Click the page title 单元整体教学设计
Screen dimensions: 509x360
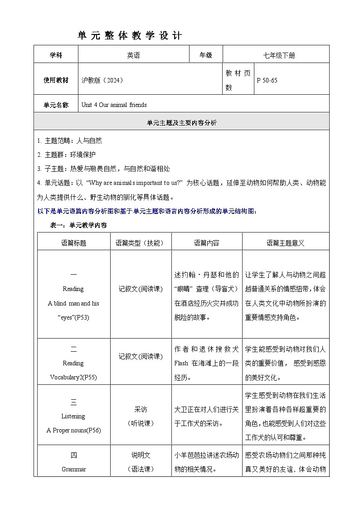(x=130, y=36)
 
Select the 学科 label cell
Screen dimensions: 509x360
(x=56, y=55)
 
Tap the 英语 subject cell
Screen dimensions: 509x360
(x=133, y=55)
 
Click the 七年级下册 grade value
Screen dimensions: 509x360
(x=279, y=55)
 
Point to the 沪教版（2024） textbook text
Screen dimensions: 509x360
(x=102, y=80)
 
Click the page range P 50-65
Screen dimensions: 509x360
(x=267, y=80)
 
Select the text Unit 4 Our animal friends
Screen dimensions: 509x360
(x=114, y=105)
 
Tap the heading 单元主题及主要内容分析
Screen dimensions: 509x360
(x=182, y=122)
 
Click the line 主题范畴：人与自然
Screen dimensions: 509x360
(x=70, y=141)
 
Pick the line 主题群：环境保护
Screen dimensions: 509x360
(x=67, y=155)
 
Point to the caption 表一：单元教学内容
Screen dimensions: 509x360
(x=78, y=225)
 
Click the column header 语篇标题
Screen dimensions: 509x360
(x=73, y=243)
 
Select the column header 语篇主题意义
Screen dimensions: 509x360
(x=285, y=243)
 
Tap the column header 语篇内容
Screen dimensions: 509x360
(x=206, y=243)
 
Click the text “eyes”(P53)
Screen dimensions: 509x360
(x=73, y=317)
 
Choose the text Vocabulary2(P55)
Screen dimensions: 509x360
(x=73, y=377)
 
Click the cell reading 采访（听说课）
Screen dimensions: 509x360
(x=141, y=416)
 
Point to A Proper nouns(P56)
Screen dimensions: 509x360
(x=73, y=430)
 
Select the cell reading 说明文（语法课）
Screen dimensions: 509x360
(x=141, y=462)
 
